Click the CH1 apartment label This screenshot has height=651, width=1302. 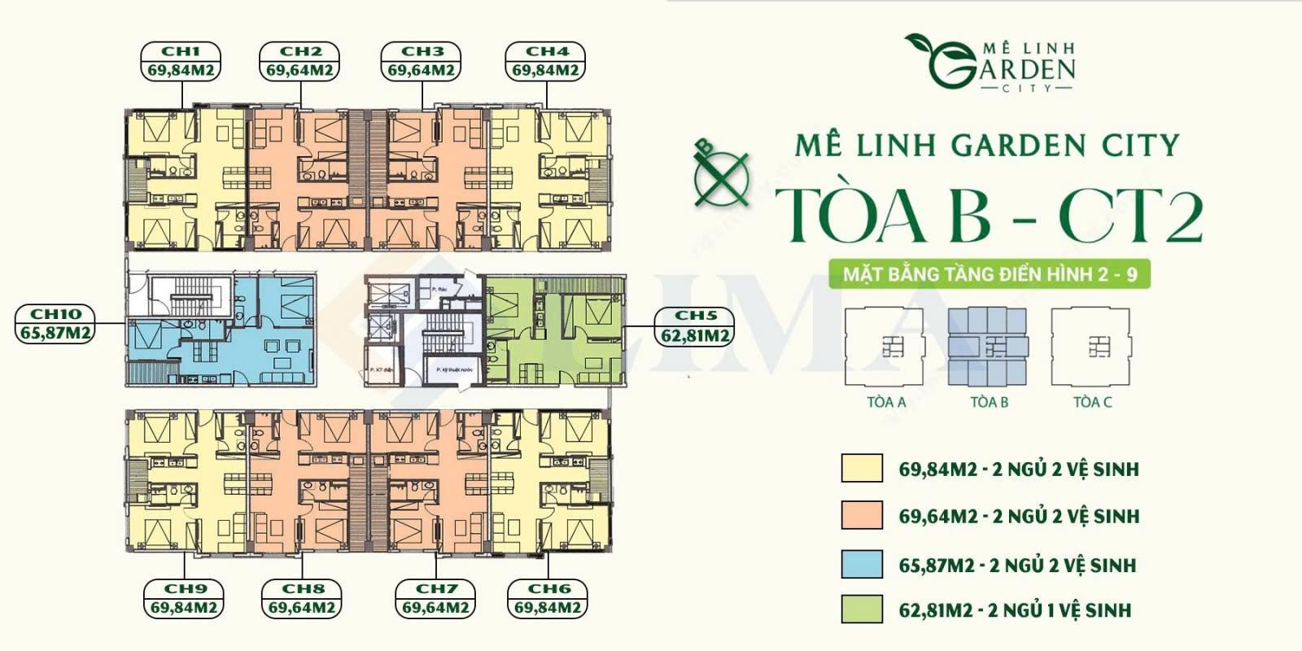pos(181,61)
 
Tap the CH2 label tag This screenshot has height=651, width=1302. pos(299,61)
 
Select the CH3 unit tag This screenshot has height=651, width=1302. pos(421,61)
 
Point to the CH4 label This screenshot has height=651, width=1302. pos(545,61)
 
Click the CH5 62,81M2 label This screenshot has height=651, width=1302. pos(695,325)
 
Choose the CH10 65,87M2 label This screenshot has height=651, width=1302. pos(55,323)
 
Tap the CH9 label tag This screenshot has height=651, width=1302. pos(184,598)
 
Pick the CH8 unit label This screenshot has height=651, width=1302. pos(302,598)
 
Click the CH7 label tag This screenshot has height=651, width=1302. pos(435,598)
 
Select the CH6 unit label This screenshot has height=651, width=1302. pos(548,598)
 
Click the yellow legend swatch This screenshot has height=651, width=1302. pos(862,469)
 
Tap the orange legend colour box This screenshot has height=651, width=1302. pos(862,516)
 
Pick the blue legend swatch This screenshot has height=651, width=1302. pos(862,564)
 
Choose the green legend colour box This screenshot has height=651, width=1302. pos(862,609)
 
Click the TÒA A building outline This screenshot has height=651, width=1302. pos(885,347)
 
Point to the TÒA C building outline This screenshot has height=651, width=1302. pos(1091,347)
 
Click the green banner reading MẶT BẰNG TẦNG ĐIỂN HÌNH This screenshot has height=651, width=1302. pos(989,274)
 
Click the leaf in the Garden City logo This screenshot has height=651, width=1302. pos(924,43)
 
